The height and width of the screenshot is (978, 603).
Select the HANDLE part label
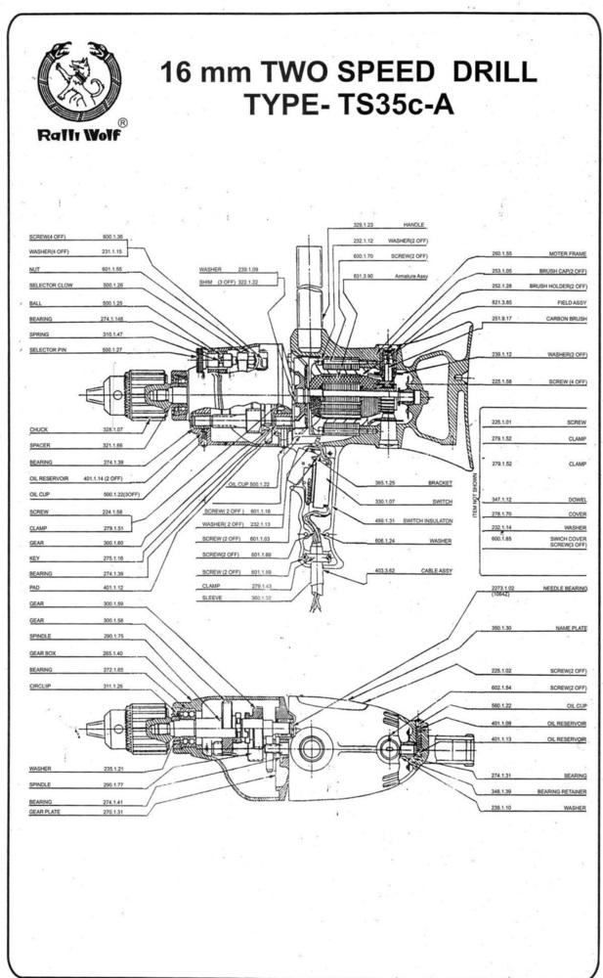(415, 225)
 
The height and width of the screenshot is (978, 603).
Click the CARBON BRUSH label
(566, 319)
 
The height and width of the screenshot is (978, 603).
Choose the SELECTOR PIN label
(47, 349)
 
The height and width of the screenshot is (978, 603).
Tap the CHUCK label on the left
(38, 429)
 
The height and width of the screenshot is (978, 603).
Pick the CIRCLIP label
(40, 687)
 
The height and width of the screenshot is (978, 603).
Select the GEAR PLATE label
(44, 812)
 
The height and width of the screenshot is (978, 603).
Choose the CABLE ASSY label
(437, 571)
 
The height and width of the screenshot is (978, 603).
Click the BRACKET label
(440, 483)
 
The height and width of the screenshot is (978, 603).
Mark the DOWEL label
(576, 500)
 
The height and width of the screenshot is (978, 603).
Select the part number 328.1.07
(112, 429)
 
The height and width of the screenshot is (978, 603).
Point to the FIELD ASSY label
(570, 303)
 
